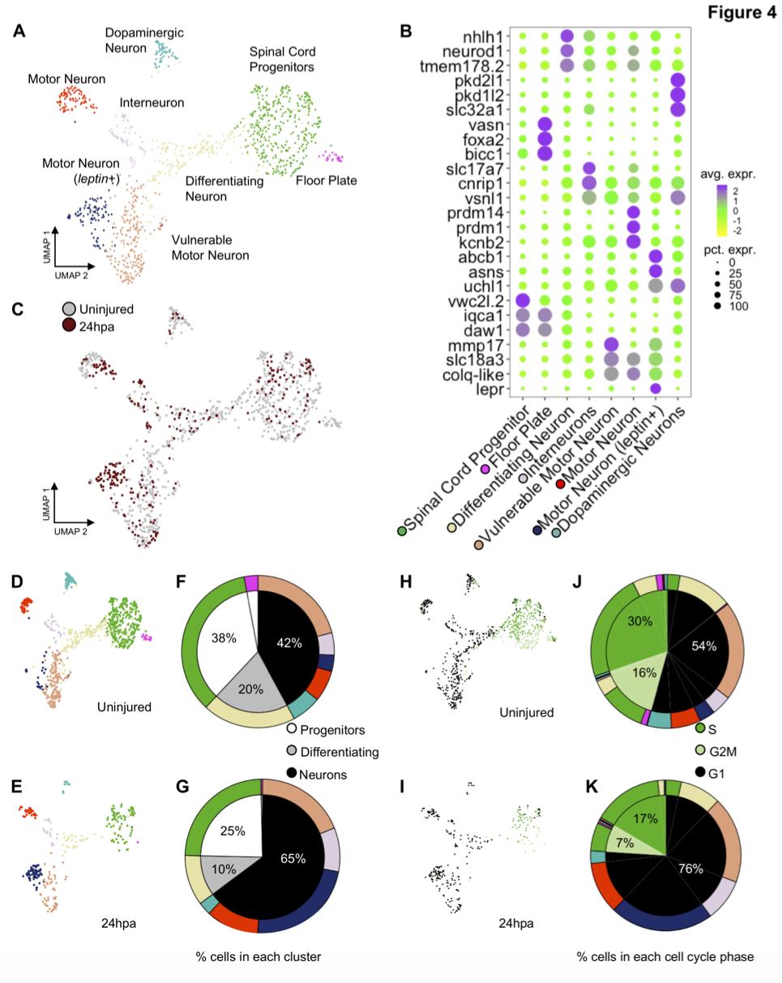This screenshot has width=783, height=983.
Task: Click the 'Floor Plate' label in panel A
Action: [326, 180]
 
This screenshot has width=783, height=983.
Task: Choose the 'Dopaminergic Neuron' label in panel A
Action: [144, 40]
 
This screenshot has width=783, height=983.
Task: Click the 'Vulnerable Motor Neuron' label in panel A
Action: [210, 247]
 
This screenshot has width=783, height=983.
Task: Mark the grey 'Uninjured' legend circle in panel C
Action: [70, 310]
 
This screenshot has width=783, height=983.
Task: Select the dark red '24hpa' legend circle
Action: [70, 325]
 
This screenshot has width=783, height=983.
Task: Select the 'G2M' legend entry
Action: [726, 750]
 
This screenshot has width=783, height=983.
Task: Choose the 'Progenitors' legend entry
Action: [326, 730]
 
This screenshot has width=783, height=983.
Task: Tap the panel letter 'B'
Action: [406, 32]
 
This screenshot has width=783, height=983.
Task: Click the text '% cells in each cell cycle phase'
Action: [665, 957]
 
